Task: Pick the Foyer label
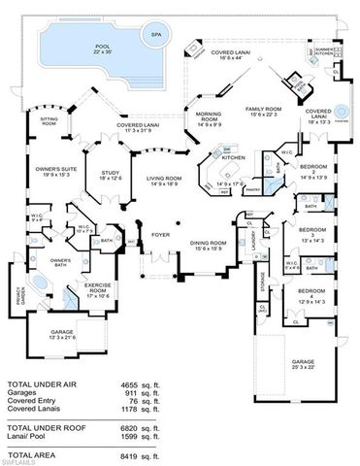tap(159, 233)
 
